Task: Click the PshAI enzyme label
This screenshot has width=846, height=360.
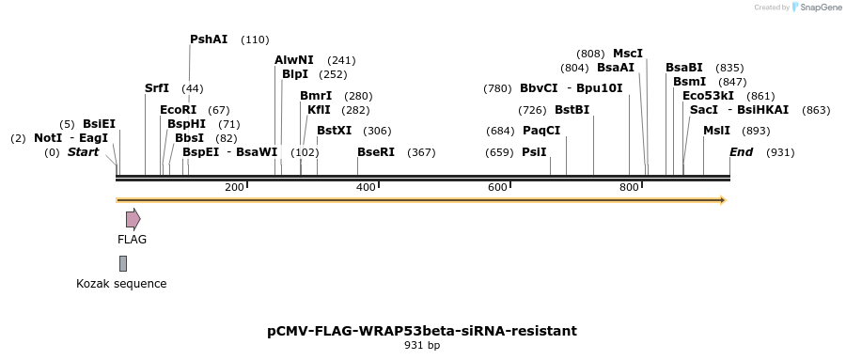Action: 209,39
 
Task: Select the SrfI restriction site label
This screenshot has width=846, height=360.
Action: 157,88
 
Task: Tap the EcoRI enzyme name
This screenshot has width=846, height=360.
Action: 178,110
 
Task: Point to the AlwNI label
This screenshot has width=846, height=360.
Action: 294,60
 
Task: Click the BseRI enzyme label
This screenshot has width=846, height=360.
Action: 376,152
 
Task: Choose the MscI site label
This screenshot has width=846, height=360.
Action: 628,54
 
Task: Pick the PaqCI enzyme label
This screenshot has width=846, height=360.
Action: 541,131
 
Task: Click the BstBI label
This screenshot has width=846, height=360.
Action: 572,110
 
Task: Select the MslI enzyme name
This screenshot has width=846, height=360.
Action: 717,131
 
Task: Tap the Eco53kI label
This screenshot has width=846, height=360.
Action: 709,96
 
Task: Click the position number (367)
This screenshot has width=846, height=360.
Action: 421,152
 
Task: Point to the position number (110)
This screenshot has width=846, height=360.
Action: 255,39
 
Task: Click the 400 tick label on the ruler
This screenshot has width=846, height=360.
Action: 366,188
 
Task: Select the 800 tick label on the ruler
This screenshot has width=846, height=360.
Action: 629,188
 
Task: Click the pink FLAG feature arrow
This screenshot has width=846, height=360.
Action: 133,219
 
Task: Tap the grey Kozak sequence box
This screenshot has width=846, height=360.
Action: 123,263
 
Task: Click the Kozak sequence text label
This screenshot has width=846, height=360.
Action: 121,284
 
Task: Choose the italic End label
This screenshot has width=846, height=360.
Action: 741,152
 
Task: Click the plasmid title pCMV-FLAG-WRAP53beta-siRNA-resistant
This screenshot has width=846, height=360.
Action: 422,331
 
